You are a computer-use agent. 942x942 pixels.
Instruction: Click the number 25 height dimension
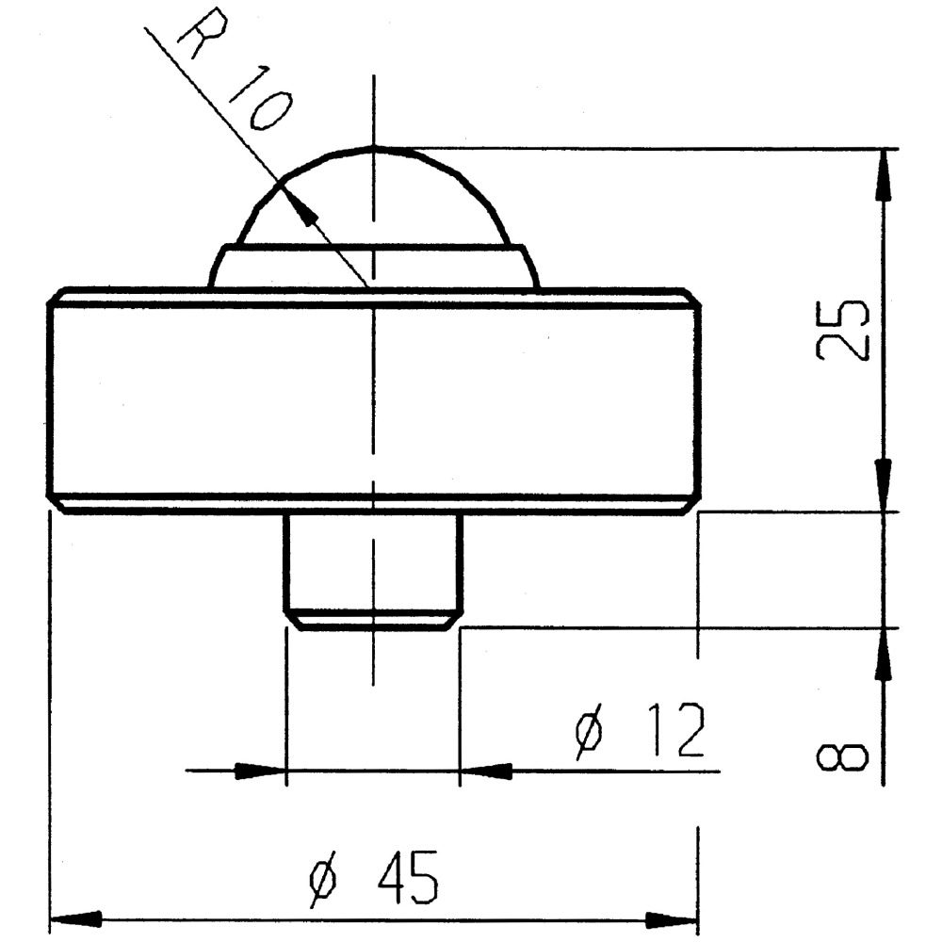tap(842, 331)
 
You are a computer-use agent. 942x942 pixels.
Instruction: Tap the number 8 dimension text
tap(842, 757)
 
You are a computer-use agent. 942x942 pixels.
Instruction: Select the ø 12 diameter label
tap(640, 731)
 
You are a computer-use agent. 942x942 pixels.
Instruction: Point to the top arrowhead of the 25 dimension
tap(885, 173)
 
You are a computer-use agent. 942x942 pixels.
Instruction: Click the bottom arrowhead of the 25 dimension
tap(884, 485)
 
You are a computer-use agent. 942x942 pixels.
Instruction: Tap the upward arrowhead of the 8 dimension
tap(884, 655)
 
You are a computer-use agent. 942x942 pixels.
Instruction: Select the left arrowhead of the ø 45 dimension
tap(75, 919)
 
